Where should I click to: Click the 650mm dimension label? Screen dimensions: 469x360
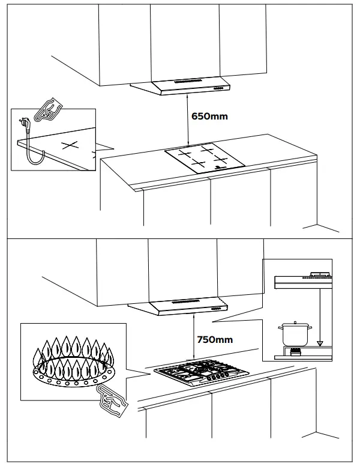click(209, 116)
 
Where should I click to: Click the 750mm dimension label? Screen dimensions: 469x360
click(215, 339)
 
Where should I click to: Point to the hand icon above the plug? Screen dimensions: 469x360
click(49, 110)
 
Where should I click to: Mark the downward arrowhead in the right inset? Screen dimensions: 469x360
click(320, 344)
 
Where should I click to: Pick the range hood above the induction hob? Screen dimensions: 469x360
click(181, 86)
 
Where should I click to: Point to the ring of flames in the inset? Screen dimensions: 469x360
click(73, 361)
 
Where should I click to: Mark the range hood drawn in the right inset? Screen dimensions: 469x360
click(303, 280)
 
